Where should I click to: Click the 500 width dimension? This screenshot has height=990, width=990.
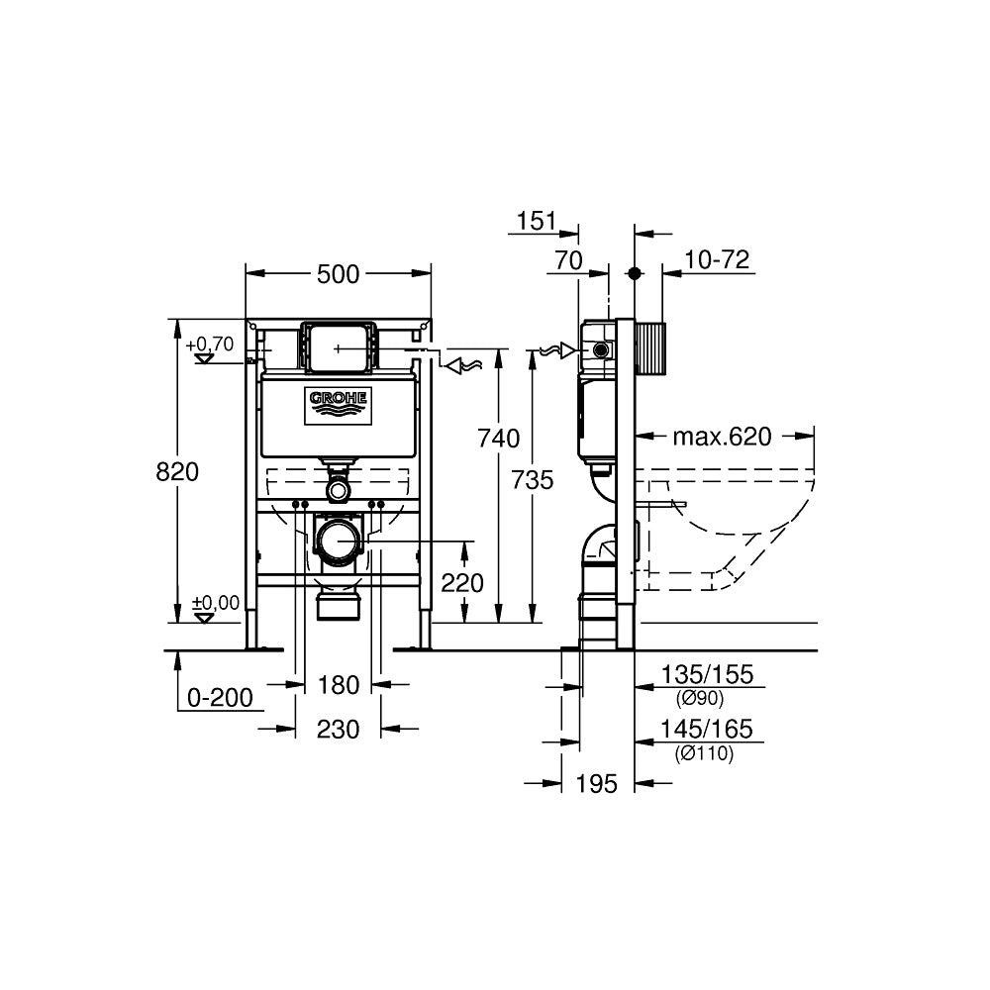pyautogui.click(x=338, y=274)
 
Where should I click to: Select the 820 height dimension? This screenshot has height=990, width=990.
pyautogui.click(x=177, y=472)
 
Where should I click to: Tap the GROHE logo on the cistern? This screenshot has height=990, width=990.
pyautogui.click(x=339, y=401)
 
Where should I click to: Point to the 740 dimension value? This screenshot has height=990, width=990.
pyautogui.click(x=498, y=438)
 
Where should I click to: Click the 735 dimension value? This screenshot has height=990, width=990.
pyautogui.click(x=534, y=480)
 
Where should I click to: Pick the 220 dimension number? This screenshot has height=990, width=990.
pyautogui.click(x=462, y=583)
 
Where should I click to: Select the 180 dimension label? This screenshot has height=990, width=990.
pyautogui.click(x=339, y=683)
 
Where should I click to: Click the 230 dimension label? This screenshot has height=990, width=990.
pyautogui.click(x=339, y=730)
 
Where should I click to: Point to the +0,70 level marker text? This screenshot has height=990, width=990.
pyautogui.click(x=210, y=345)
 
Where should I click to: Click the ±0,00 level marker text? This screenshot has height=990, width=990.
pyautogui.click(x=215, y=602)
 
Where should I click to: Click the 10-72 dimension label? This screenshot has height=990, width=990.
pyautogui.click(x=717, y=260)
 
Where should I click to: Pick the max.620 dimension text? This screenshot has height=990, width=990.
pyautogui.click(x=721, y=437)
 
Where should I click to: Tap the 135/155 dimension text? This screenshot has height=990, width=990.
pyautogui.click(x=707, y=675)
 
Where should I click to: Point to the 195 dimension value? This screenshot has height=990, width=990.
pyautogui.click(x=596, y=783)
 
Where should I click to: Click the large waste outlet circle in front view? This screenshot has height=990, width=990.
pyautogui.click(x=340, y=543)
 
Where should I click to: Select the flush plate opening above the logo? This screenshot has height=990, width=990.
pyautogui.click(x=339, y=346)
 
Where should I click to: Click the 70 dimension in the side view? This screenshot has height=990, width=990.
pyautogui.click(x=567, y=261)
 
